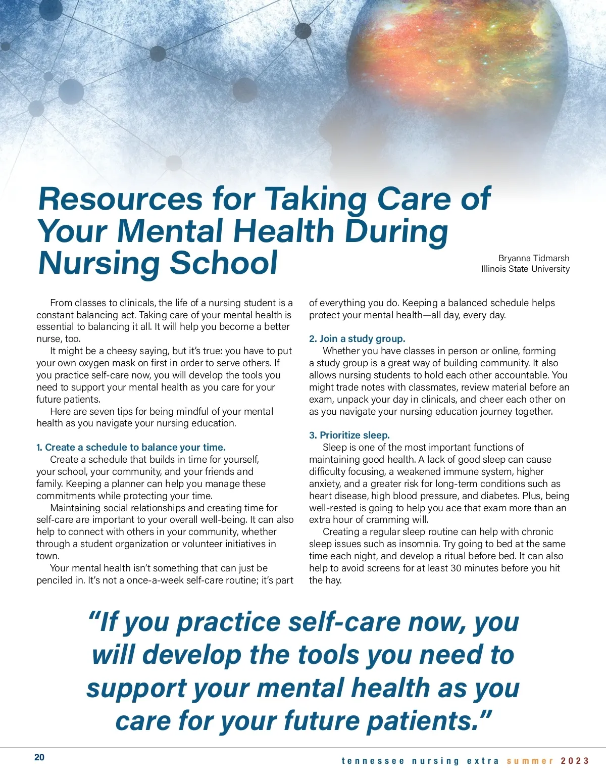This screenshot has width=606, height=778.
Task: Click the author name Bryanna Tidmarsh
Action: point(534,258)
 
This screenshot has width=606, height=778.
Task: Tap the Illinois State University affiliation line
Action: point(525,269)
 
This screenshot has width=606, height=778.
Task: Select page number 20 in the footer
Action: point(39,757)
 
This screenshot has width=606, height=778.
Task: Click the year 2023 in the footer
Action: point(575,761)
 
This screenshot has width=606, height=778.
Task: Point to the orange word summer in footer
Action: point(530,761)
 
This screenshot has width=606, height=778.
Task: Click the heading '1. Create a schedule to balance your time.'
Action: point(131,447)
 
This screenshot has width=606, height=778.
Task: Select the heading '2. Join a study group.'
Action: point(357,338)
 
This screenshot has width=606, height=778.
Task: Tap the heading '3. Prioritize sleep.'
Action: point(349,435)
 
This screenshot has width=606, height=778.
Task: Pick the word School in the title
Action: point(223,263)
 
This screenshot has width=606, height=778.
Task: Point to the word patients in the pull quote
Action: point(422,721)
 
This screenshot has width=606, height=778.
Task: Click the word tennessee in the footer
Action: point(373,761)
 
